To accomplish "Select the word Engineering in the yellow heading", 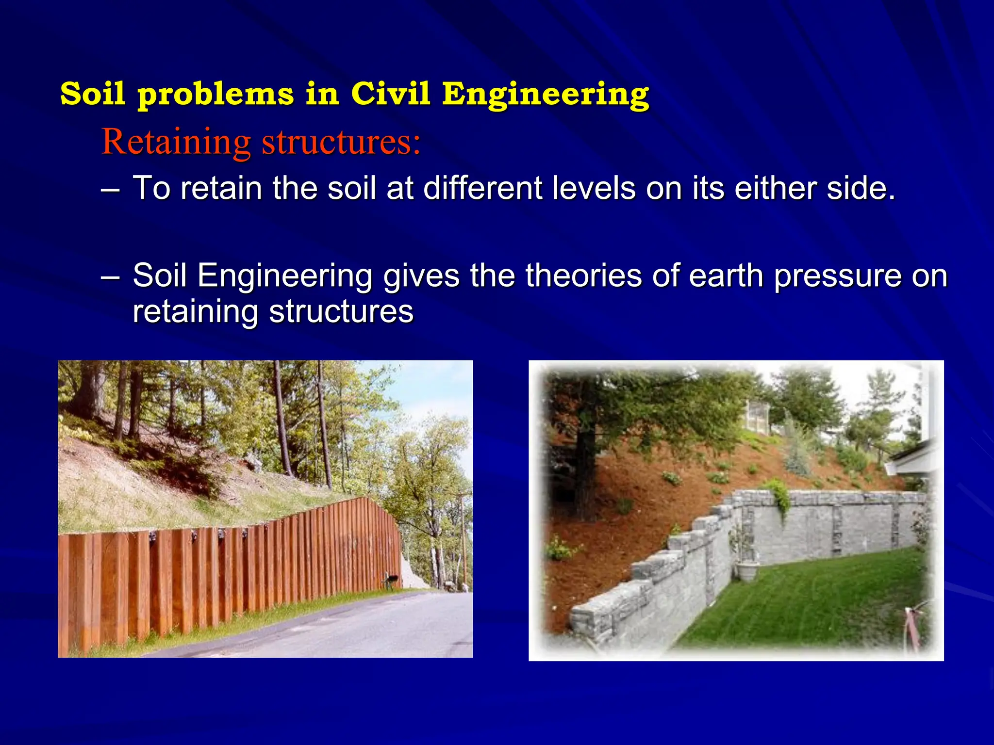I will [546, 94].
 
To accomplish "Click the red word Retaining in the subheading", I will [176, 142].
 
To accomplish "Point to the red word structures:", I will [341, 142].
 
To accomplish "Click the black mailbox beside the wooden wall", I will [390, 578].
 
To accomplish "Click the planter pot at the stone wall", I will [747, 571].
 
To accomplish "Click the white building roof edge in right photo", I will [912, 458].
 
